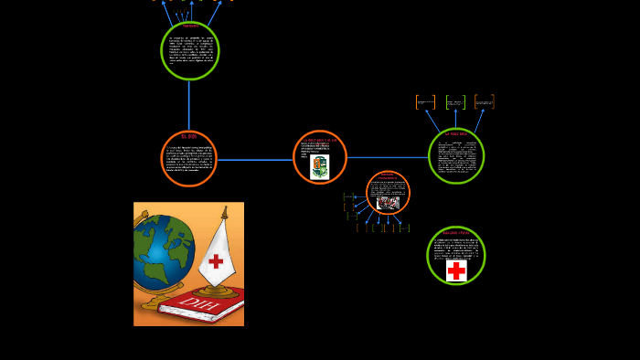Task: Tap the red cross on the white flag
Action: [215, 261]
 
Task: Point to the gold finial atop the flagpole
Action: [224, 212]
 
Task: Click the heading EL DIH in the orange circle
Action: [188, 136]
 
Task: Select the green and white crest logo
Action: [319, 166]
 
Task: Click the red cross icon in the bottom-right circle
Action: [456, 270]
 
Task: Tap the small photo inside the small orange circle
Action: [388, 203]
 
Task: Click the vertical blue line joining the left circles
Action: [189, 105]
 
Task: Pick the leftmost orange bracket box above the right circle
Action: [425, 102]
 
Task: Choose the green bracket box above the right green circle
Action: [455, 102]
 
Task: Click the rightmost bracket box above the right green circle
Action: [484, 102]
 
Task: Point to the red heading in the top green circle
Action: [189, 26]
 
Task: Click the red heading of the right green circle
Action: [455, 134]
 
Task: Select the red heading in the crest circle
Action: [320, 140]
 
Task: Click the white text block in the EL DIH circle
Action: [188, 160]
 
